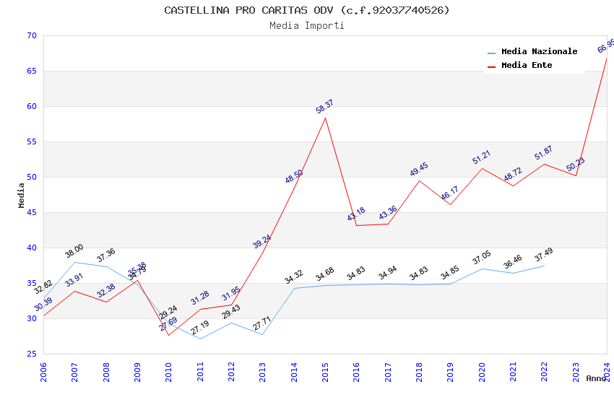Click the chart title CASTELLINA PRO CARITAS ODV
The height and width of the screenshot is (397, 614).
tap(306, 10)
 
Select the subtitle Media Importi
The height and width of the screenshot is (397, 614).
tap(306, 25)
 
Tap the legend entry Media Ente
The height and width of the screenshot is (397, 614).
tap(527, 65)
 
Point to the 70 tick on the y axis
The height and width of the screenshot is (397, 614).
tap(30, 36)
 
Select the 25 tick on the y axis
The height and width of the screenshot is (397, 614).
tap(30, 354)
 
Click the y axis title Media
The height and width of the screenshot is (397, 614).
tap(22, 195)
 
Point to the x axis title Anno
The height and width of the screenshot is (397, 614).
tap(596, 378)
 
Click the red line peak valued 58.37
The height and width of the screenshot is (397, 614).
tap(325, 118)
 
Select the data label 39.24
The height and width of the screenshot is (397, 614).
tap(262, 242)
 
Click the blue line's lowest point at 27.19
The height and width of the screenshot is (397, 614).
tap(200, 339)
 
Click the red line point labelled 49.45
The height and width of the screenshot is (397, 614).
tap(419, 180)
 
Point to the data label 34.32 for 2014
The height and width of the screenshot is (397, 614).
tap(294, 277)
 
